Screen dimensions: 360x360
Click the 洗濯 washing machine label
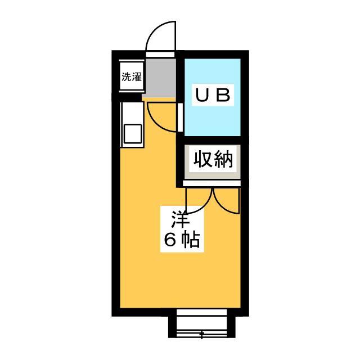132,76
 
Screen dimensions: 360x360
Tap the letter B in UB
223,95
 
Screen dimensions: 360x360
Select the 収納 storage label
213,159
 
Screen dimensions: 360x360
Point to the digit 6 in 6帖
170,240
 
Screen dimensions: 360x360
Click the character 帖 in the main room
190,240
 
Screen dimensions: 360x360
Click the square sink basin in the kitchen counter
133,134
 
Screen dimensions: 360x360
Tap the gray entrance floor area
160,78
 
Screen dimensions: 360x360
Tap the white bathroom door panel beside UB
180,118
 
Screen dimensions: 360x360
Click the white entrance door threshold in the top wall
160,55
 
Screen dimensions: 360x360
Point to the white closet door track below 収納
211,183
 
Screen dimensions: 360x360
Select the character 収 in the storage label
202,159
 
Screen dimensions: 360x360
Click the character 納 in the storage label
223,159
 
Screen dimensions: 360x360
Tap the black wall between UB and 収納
213,140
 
